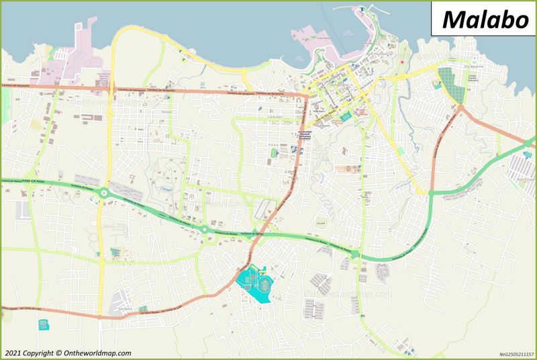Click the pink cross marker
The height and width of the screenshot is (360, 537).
pos(403,62)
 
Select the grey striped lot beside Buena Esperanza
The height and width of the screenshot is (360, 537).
pos(524,164)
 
